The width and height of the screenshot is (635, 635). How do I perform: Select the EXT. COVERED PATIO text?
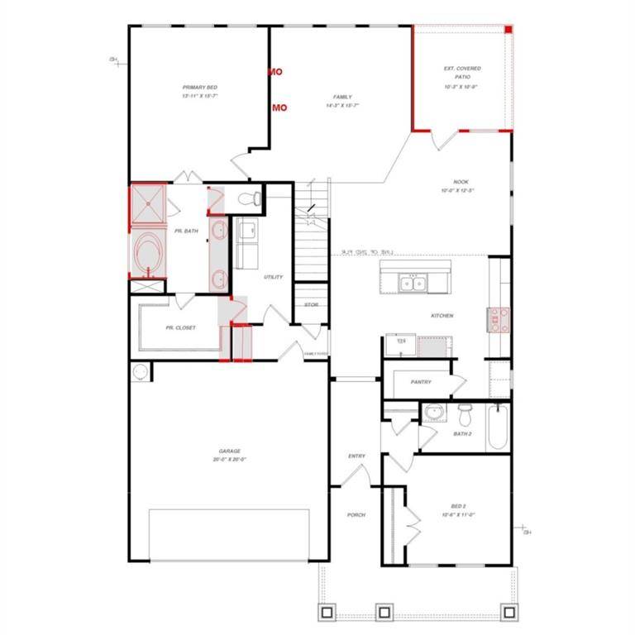pos(462,73)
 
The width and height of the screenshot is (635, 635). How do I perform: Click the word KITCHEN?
pos(442,316)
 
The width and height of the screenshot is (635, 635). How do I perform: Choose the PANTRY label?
pos(421,382)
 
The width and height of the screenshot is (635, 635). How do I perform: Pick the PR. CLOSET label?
pos(180,327)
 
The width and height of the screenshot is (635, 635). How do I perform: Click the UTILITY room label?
pos(273,277)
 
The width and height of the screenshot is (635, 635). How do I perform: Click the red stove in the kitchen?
pos(499,319)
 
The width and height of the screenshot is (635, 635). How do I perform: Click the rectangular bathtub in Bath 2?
pos(496,427)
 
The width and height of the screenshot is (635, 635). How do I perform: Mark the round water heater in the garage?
pos(139,372)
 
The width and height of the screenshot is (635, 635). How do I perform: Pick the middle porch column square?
pos(383,613)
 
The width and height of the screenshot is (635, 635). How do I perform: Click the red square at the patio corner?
pos(509,30)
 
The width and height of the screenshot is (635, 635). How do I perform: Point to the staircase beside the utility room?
pos(313,248)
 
